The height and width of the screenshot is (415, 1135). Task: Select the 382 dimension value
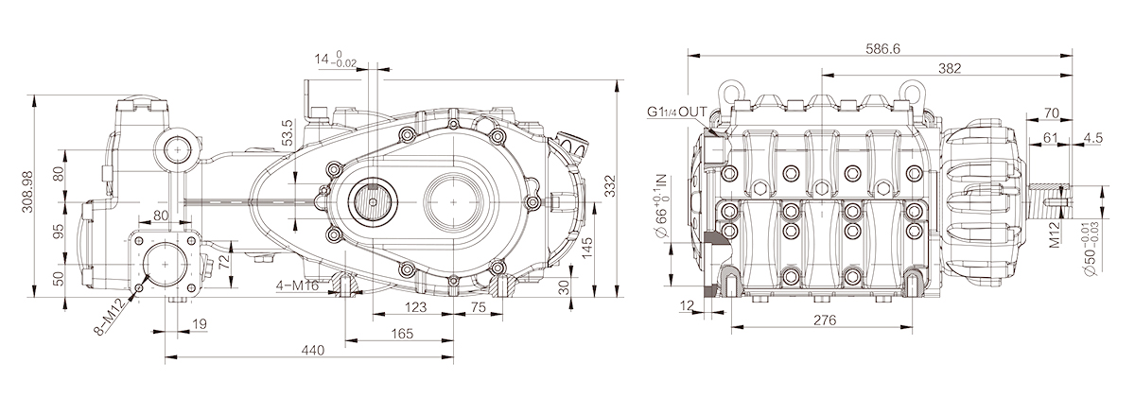[x=950, y=68]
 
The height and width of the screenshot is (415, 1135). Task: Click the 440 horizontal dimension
[x=313, y=350]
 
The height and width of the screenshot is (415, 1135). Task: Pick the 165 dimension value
[x=402, y=334]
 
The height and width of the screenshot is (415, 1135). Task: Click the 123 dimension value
[x=415, y=307]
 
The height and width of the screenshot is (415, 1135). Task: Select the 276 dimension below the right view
[x=825, y=320]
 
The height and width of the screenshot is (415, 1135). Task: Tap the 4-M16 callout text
[x=297, y=285]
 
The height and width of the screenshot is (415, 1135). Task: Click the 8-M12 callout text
[x=110, y=318]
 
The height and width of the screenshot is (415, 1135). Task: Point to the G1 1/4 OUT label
[x=676, y=112]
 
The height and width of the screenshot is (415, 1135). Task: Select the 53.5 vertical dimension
[x=288, y=132]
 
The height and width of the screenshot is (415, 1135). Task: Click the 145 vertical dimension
[x=587, y=248]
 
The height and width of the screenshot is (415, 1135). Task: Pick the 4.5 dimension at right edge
[x=1093, y=138]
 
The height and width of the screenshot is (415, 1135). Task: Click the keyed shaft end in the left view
[x=373, y=201]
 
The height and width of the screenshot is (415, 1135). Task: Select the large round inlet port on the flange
[x=166, y=264]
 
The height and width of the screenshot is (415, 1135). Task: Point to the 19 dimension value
[x=201, y=324]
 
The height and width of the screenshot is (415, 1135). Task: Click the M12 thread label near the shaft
[x=1055, y=234]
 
